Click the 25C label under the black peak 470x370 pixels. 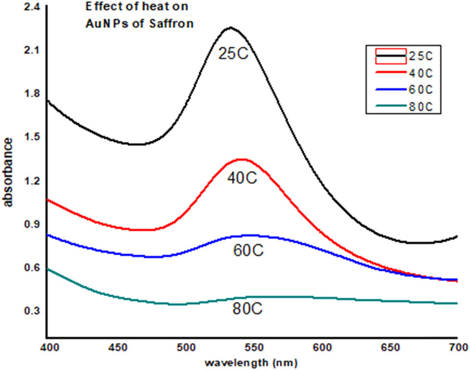tap(233, 53)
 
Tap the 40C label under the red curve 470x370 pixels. tap(242, 178)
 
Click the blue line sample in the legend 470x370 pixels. tap(388, 90)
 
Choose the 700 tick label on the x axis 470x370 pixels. tap(457, 346)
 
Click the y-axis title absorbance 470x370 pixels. tap(8, 172)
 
